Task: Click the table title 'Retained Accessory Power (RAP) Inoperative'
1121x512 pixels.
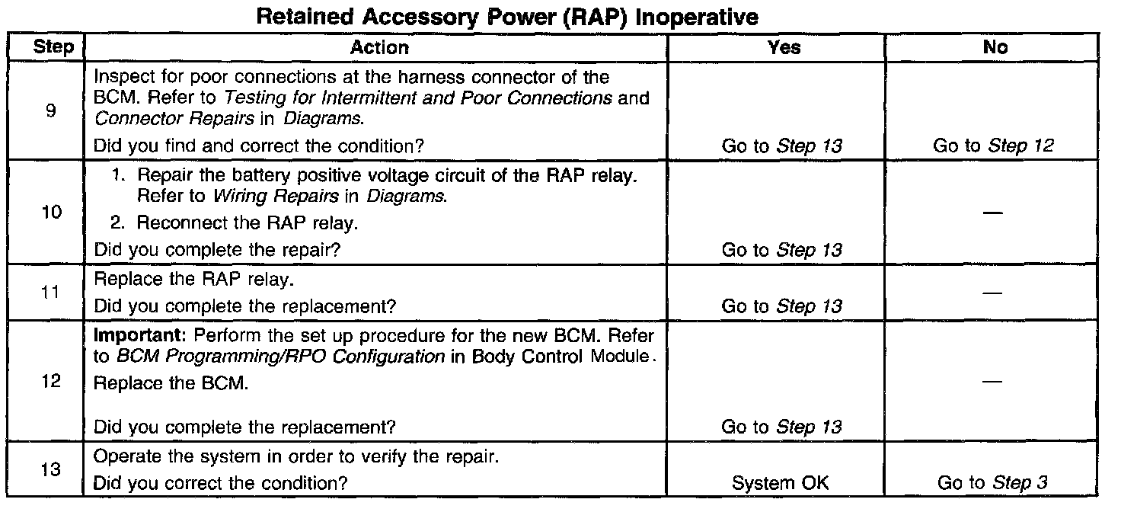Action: [508, 16]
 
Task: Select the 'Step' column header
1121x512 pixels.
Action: [53, 47]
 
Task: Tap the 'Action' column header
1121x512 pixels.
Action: [379, 47]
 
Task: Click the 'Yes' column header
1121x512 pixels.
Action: [784, 47]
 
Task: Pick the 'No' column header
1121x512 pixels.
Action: [995, 47]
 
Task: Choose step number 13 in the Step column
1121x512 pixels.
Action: [50, 469]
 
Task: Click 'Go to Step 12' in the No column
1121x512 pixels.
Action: [993, 146]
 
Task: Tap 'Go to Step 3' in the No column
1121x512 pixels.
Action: [993, 482]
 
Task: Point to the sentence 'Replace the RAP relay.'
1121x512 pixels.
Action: [192, 279]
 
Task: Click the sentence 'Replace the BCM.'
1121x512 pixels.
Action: [171, 383]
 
